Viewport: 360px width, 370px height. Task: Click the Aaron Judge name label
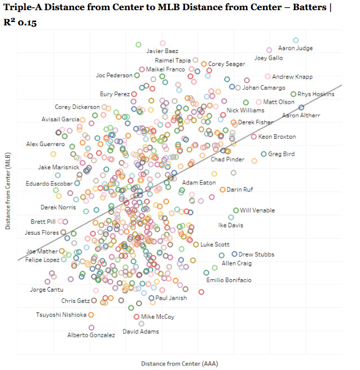(x=295, y=49)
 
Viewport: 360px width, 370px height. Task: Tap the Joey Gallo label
(x=269, y=58)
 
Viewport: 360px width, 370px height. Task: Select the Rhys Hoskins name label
(x=316, y=94)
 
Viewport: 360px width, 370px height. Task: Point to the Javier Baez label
(x=162, y=51)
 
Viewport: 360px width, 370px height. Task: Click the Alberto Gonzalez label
(x=91, y=335)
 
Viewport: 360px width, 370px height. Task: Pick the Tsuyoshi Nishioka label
(x=61, y=315)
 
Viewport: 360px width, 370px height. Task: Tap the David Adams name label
(x=141, y=332)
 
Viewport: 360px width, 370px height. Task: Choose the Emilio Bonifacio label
(x=229, y=280)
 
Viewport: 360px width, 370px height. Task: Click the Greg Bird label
(x=282, y=154)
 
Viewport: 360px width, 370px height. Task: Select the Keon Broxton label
(x=277, y=137)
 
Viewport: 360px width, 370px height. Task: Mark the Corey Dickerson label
(x=77, y=107)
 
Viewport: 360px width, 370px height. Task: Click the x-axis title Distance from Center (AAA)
(x=179, y=363)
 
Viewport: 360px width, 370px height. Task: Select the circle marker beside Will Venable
(x=236, y=210)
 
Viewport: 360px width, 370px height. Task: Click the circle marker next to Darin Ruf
(x=222, y=190)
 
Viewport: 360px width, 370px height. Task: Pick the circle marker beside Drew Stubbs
(x=234, y=254)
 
